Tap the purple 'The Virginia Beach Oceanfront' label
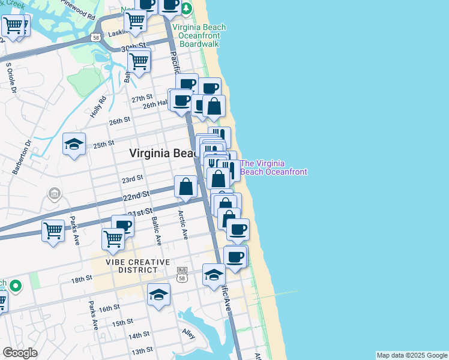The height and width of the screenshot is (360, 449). coord(274,167)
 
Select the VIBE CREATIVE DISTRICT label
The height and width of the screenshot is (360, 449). coord(131,266)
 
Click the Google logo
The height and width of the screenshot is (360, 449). coord(20,353)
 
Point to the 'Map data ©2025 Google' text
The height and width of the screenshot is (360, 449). coord(412,355)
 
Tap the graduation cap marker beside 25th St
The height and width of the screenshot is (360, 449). coord(74,144)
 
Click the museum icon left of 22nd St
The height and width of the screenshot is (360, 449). coord(54,194)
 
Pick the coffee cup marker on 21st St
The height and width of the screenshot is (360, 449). coord(122,226)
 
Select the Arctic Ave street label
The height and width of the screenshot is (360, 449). coord(182,224)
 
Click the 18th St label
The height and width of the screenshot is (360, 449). coord(83,278)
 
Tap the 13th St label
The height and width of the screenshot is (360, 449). coord(142,350)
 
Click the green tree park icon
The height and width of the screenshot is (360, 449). coord(186,8)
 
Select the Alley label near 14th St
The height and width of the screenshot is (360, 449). coord(188,333)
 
